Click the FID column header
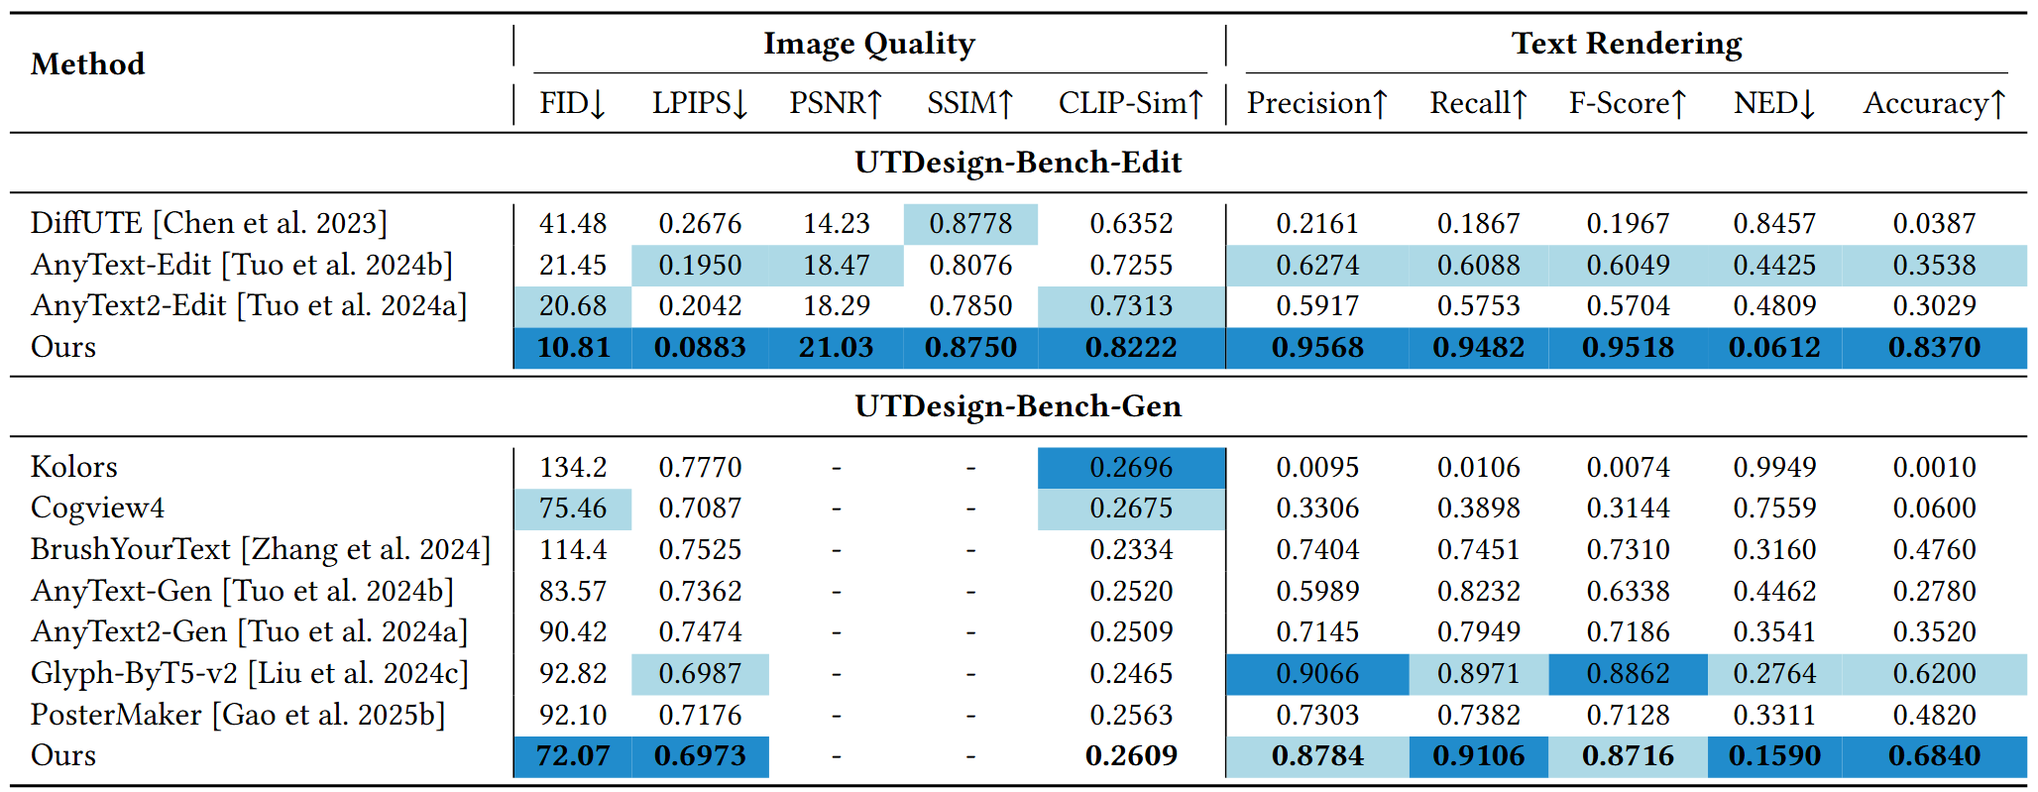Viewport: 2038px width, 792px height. [x=572, y=103]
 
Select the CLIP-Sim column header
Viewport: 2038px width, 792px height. [x=1131, y=103]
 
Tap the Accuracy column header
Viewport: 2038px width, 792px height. [x=1934, y=103]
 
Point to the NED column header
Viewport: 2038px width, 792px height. [x=1774, y=103]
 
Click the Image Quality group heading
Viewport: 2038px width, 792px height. [x=869, y=44]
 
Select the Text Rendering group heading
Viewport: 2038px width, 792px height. [x=1627, y=44]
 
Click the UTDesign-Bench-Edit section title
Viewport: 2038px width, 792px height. [x=1018, y=162]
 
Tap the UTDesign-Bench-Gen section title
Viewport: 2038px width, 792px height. [x=1018, y=405]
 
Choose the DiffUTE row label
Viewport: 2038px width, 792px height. [x=209, y=223]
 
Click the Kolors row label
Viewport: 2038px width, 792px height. [x=74, y=467]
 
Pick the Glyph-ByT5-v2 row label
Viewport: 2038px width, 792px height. [x=250, y=673]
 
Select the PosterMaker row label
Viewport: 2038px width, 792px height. [x=238, y=715]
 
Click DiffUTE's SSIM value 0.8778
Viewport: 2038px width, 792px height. [x=970, y=224]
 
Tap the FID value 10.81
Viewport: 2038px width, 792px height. [x=573, y=348]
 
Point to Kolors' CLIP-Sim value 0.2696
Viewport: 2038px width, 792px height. [x=1131, y=468]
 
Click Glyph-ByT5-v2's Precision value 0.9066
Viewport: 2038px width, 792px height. [x=1317, y=674]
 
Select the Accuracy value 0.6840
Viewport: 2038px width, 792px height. [x=1934, y=756]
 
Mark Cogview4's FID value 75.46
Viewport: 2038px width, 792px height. [x=573, y=509]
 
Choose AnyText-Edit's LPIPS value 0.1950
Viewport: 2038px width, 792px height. [x=700, y=266]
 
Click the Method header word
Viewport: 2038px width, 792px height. [x=88, y=64]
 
